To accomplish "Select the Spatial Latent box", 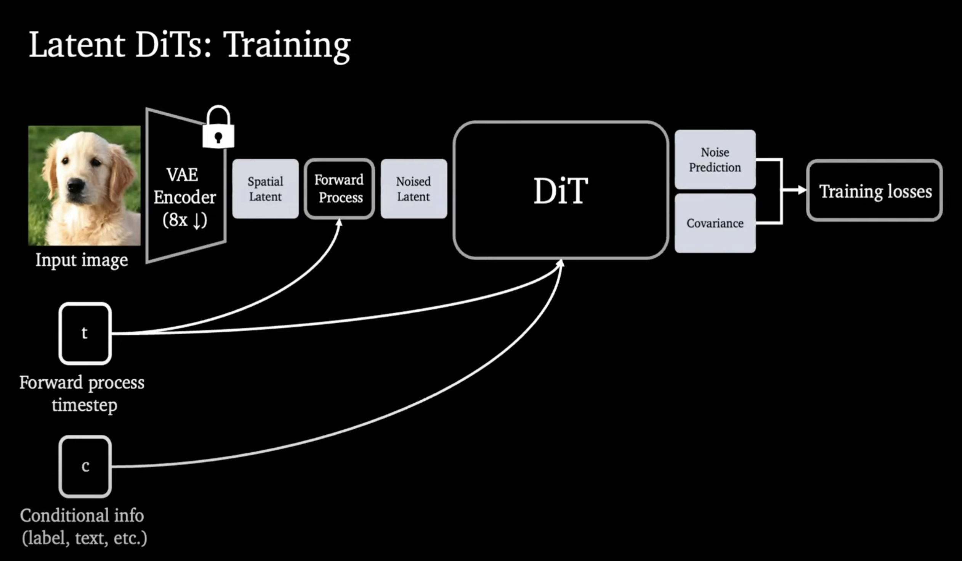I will click(265, 189).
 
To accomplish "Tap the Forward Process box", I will click(339, 189).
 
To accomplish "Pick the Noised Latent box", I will click(414, 189).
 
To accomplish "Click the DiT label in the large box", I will click(560, 191).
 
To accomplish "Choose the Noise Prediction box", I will click(715, 160).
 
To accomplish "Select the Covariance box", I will click(715, 223).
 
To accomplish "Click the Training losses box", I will click(875, 191).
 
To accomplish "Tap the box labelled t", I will click(85, 333).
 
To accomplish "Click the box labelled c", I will click(85, 466).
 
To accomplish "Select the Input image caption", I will click(82, 260).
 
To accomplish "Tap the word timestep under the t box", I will click(84, 405).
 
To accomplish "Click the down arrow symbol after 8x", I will click(197, 221).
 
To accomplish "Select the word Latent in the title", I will click(77, 45).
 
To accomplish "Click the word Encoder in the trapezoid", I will click(185, 197).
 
